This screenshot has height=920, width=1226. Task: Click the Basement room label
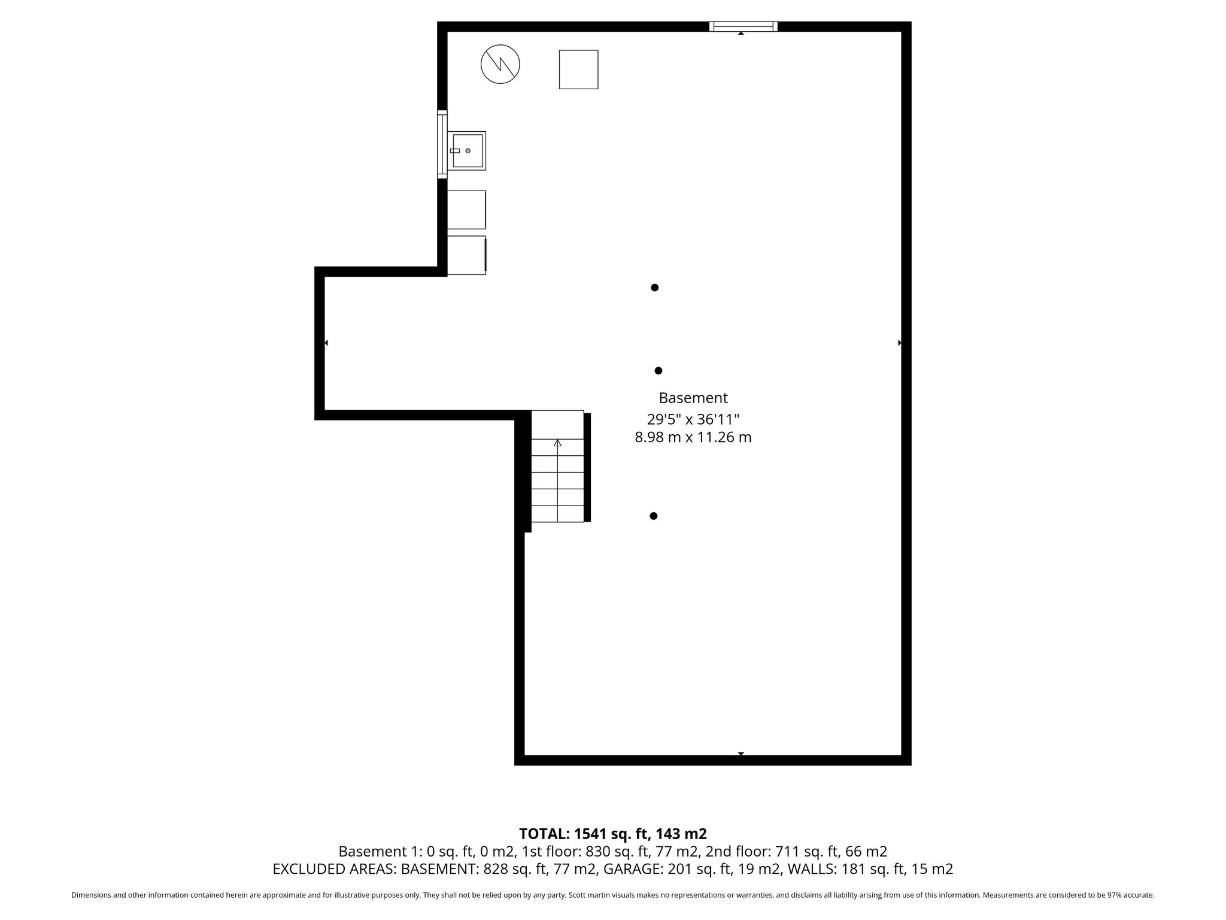(x=693, y=398)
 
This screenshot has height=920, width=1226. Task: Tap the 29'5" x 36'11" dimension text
(x=693, y=419)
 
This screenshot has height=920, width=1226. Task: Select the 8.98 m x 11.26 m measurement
(x=693, y=437)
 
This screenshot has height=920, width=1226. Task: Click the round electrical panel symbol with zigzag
(x=500, y=64)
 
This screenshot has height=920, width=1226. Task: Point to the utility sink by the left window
(x=467, y=150)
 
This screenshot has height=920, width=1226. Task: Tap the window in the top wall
(x=743, y=26)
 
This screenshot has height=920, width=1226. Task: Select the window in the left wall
(x=442, y=144)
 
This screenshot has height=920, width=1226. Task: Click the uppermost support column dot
(x=654, y=287)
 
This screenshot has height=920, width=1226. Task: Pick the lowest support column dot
(x=653, y=516)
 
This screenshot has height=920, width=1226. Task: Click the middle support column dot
(x=658, y=371)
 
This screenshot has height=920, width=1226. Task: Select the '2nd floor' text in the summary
(x=738, y=851)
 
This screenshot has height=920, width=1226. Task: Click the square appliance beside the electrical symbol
(x=578, y=69)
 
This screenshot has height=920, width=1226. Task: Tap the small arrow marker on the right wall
(x=900, y=343)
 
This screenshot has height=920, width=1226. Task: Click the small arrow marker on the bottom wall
(x=741, y=753)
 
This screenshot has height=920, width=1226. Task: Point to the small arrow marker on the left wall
(x=326, y=343)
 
